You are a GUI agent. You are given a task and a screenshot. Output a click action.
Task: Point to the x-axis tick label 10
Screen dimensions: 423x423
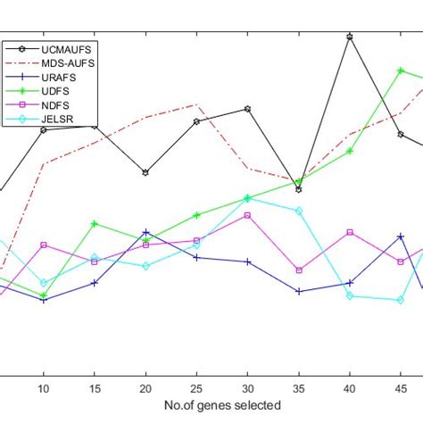click(x=43, y=387)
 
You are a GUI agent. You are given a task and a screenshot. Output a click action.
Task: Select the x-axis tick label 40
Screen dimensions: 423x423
click(x=350, y=387)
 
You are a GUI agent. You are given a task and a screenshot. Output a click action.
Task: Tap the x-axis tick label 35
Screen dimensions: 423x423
click(x=299, y=387)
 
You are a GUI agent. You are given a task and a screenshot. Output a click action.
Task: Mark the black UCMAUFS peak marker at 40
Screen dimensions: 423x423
click(x=350, y=37)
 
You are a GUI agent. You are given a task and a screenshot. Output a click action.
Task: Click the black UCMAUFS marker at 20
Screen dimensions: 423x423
click(x=145, y=172)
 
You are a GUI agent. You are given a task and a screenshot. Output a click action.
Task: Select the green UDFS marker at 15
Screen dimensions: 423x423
click(x=95, y=223)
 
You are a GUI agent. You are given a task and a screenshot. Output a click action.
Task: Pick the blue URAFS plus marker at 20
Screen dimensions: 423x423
click(x=145, y=232)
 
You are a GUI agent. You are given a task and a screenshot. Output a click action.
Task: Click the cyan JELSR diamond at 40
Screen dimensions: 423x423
click(x=350, y=295)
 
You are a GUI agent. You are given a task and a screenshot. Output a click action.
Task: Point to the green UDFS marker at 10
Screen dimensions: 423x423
click(x=43, y=294)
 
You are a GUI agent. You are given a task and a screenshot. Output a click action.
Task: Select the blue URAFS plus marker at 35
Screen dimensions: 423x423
click(x=299, y=291)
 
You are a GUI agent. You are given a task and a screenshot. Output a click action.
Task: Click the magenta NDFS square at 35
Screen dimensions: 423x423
click(x=299, y=270)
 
